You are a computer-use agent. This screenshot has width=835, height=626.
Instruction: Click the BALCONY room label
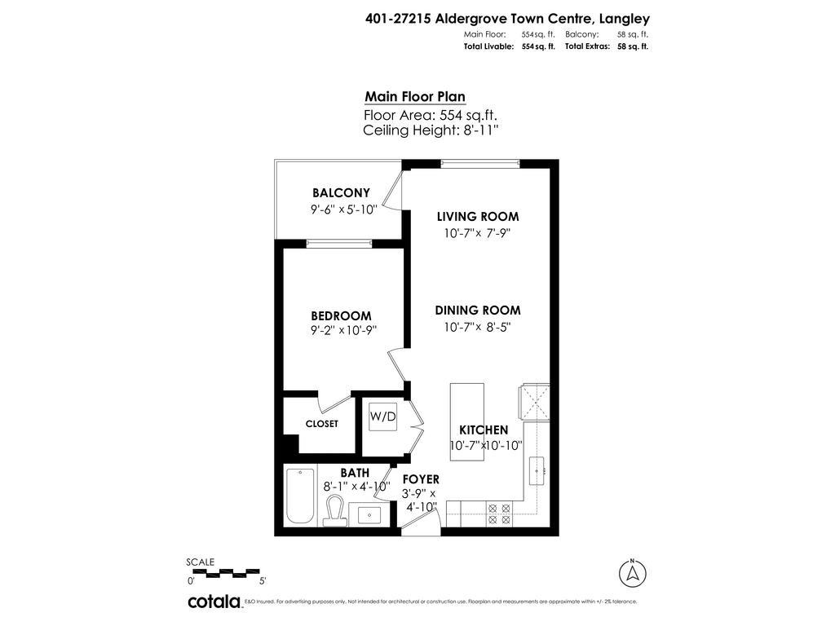341,193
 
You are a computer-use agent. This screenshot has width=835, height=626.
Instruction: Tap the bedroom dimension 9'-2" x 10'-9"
343,330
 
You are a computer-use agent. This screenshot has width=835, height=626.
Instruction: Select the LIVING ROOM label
478,217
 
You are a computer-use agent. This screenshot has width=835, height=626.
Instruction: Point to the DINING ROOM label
478,311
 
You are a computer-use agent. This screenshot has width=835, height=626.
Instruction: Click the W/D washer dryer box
382,417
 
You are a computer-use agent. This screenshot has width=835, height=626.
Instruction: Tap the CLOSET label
321,424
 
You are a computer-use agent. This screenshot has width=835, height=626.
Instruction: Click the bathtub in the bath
299,496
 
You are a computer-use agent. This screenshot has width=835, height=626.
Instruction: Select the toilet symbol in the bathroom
334,510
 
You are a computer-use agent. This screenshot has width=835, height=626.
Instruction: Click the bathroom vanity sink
369,514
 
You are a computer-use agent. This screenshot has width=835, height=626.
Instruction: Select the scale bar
223,573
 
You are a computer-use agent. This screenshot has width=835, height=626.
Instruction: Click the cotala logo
215,602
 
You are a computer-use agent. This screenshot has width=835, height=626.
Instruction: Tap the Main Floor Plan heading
415,96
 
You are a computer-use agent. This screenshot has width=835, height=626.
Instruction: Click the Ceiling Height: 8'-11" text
431,130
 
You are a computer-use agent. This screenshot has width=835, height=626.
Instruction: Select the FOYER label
421,479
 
